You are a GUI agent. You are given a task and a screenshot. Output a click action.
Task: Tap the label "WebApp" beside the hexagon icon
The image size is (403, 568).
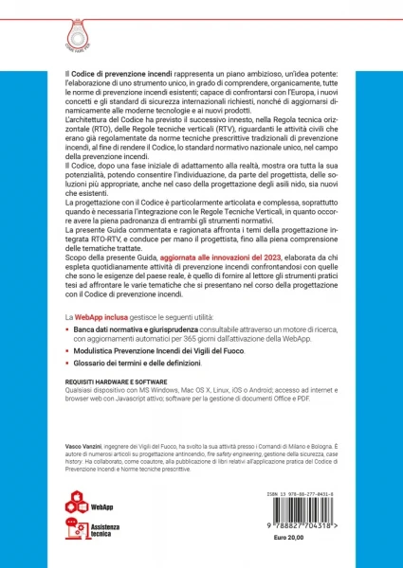(x=102, y=506)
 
